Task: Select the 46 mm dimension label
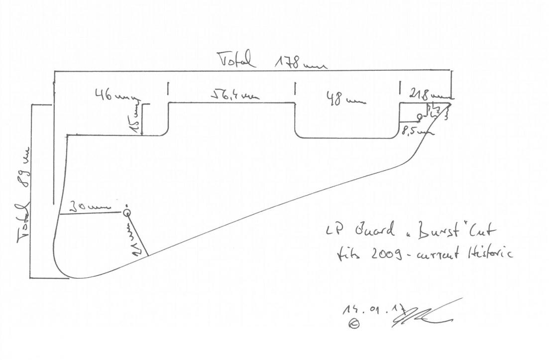point(113,96)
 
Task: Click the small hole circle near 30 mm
point(127,213)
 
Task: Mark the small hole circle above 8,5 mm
point(420,117)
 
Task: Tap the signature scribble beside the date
point(423,314)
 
